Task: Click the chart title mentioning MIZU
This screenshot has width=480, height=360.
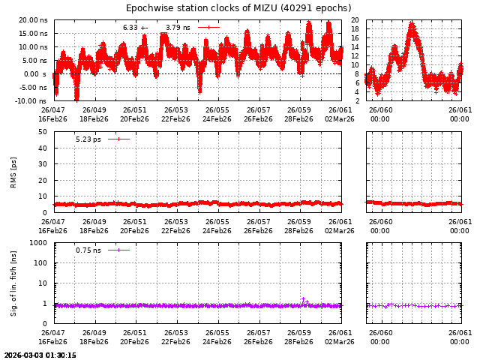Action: (238, 8)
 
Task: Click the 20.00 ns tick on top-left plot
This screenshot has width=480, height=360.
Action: (33, 20)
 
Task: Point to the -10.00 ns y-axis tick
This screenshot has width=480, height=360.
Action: (32, 101)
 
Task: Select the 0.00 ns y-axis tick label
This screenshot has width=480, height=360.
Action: (35, 74)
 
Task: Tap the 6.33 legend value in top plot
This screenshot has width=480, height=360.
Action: (130, 28)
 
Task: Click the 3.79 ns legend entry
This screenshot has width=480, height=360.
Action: (178, 28)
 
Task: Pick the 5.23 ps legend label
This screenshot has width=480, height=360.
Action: (88, 139)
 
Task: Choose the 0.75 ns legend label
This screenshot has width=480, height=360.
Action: (88, 250)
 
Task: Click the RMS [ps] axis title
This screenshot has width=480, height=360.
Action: (13, 172)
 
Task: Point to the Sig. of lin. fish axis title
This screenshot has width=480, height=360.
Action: (13, 283)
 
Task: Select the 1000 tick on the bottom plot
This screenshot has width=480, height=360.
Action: (39, 244)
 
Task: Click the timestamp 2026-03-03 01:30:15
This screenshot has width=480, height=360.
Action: (40, 355)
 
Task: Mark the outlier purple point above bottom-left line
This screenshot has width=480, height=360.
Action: (303, 298)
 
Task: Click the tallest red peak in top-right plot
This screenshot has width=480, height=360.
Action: (411, 25)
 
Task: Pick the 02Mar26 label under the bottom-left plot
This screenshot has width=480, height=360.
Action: (340, 342)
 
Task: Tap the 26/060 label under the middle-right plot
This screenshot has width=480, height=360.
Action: (380, 222)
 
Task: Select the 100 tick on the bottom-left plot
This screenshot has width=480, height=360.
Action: (41, 263)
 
